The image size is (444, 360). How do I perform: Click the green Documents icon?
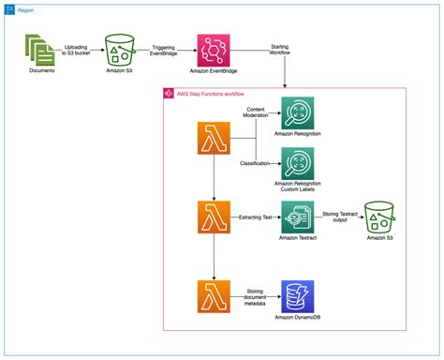(x=39, y=48)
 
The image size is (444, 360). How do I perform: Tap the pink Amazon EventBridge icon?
(x=212, y=48)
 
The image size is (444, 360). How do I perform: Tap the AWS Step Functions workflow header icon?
(x=170, y=94)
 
